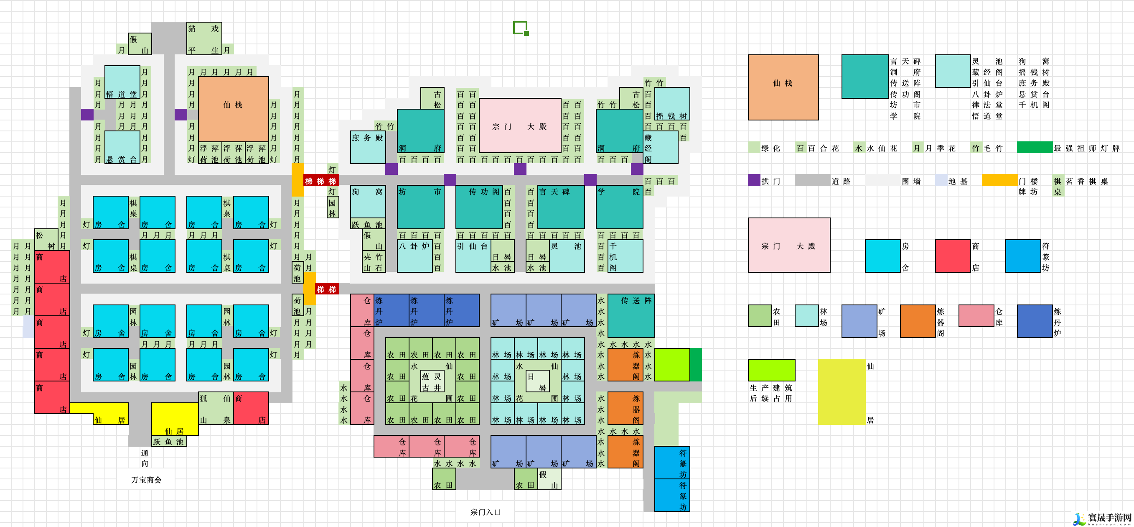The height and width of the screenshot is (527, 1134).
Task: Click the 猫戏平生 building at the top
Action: (x=204, y=38)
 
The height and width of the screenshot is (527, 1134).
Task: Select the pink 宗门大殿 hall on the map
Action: (x=520, y=125)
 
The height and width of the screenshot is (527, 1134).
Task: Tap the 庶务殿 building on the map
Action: (x=368, y=147)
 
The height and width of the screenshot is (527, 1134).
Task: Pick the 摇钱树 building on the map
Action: (x=672, y=104)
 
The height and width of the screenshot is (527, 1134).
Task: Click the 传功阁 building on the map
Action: (x=478, y=207)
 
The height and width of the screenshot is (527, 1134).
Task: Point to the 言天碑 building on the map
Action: (x=561, y=207)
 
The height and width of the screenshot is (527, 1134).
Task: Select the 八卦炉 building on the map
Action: (x=414, y=256)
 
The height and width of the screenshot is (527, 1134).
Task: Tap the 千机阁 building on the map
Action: (x=625, y=256)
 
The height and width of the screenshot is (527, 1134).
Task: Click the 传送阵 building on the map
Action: (x=631, y=315)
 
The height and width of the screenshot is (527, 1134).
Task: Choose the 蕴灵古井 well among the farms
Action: (x=432, y=381)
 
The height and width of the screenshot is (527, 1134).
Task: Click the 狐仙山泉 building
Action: (x=215, y=409)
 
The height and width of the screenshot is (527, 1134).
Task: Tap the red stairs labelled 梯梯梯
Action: (x=320, y=181)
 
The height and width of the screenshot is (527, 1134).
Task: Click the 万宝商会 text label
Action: (x=146, y=480)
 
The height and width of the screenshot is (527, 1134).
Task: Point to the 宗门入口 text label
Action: (x=485, y=512)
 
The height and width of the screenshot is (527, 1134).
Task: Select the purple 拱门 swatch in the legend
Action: (x=754, y=180)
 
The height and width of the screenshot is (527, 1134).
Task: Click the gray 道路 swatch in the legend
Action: (x=812, y=180)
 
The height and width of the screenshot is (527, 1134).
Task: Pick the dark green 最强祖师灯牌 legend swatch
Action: (x=1034, y=148)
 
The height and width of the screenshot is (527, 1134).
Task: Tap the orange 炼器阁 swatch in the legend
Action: (x=918, y=321)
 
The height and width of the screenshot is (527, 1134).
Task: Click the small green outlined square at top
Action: (x=520, y=28)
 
